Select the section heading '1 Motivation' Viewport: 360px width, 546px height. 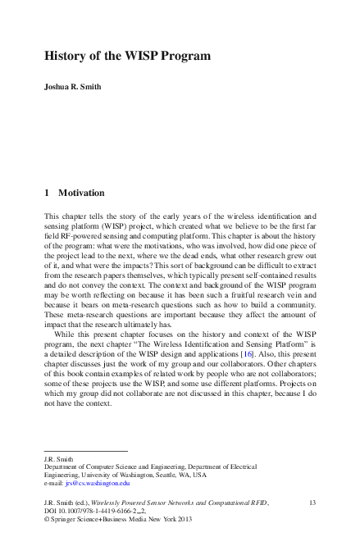(x=75, y=193)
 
